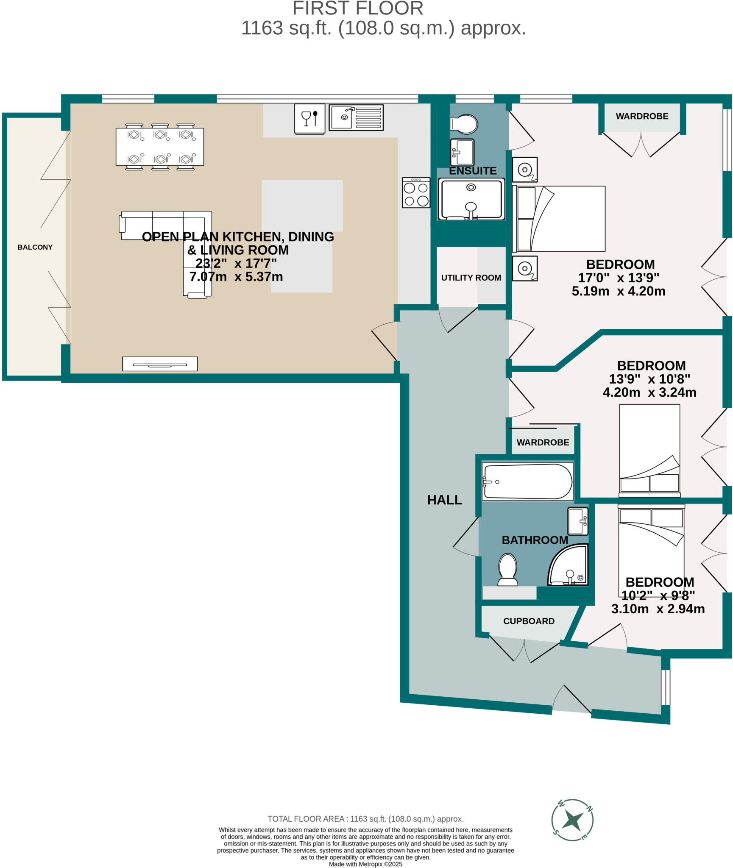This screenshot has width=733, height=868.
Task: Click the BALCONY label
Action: click(35, 247)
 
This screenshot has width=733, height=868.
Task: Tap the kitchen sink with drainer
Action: click(356, 117)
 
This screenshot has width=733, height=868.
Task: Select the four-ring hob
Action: click(416, 193)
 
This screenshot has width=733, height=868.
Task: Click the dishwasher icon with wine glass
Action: click(309, 118)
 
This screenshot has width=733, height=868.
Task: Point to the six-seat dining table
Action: click(160, 147)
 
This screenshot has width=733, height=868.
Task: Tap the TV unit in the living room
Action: click(160, 364)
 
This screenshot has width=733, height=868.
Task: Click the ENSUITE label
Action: click(473, 171)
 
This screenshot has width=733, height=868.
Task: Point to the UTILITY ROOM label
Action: click(471, 278)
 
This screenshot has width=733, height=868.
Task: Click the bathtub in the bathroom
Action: click(528, 481)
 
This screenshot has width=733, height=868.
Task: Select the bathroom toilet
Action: click(507, 570)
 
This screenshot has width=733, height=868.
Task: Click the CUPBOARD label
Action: click(529, 621)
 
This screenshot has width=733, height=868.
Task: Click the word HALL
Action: click(444, 500)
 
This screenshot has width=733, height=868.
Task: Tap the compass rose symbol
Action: click(572, 820)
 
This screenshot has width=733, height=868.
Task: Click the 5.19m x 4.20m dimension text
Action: click(618, 291)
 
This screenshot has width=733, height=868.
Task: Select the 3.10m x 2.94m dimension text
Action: click(658, 609)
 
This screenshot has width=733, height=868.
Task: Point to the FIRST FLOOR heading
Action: click(358, 8)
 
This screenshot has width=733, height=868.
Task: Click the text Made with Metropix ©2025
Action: click(365, 864)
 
